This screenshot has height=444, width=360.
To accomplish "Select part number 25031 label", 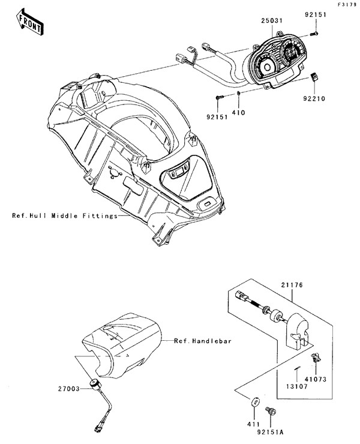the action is pos(272,20).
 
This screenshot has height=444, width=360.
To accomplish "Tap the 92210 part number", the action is pos(314,99).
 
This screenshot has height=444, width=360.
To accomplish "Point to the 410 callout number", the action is pos(238,113).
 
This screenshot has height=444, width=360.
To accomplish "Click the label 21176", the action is pos(292,285).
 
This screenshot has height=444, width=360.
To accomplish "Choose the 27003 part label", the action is pos(69,389).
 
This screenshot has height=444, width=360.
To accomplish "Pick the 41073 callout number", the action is pos(316,379).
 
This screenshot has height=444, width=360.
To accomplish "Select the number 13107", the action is pos(296,386).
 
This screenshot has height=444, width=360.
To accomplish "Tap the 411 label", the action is pos(253,424).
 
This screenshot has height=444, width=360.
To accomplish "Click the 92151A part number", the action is pos(270,433).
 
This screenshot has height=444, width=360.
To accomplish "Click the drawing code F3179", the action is pos(347,5).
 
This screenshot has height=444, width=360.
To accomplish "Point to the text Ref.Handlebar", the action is pos(203,341).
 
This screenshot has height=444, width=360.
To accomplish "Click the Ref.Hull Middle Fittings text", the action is pos(65,216).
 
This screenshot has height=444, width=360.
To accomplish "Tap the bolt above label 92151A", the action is pos(271,410).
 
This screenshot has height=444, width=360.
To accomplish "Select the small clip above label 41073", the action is pos(316,358).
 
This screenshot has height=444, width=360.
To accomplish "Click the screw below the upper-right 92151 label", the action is pos(314,34).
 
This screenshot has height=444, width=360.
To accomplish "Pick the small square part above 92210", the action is pos(314,77).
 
